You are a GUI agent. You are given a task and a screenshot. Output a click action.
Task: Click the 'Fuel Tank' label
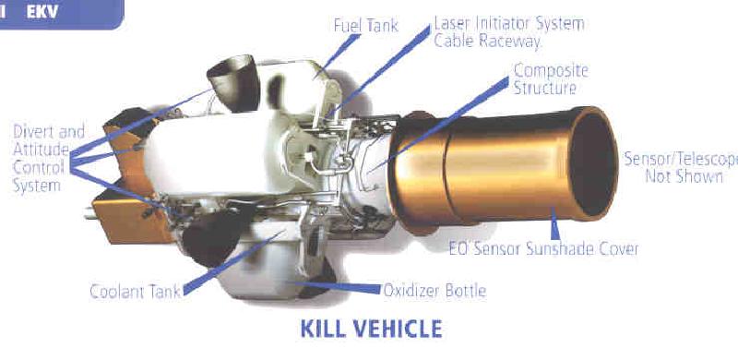coord(365,26)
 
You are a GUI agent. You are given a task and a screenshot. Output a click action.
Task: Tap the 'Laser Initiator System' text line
coord(508,23)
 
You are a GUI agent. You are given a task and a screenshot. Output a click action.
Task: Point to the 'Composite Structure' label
coord(550,79)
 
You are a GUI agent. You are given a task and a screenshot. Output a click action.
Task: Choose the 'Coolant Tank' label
coord(134,293)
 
